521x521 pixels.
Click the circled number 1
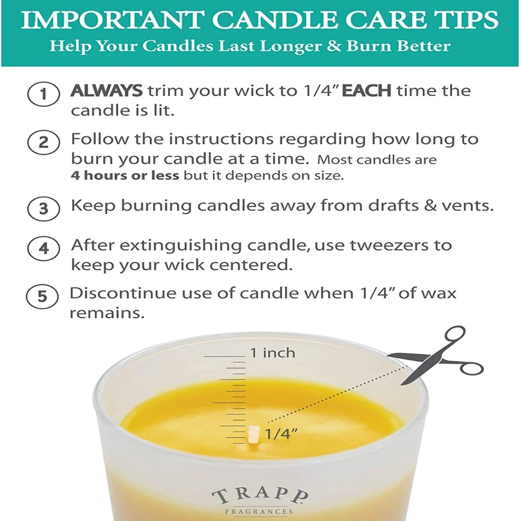44,94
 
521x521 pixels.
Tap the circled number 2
44,143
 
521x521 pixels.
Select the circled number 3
44,209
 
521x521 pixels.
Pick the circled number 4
44,248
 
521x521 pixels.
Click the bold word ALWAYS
107,91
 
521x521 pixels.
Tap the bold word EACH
366,91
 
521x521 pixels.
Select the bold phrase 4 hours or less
125,175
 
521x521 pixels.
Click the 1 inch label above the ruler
273,353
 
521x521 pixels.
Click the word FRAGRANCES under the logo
260,511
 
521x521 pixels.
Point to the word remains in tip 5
107,313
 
